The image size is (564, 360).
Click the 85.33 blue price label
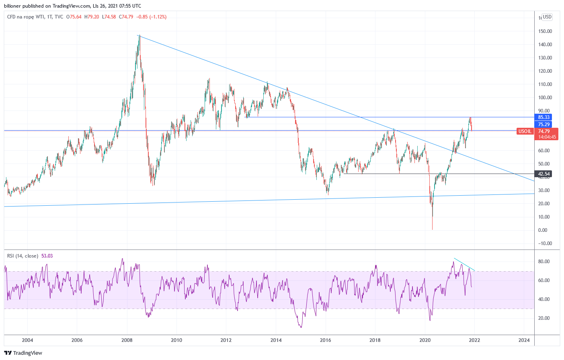pyautogui.click(x=543, y=117)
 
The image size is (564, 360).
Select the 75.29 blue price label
pyautogui.click(x=543, y=125)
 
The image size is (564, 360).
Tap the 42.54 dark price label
pyautogui.click(x=543, y=174)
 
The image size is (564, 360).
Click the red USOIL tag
pyautogui.click(x=525, y=131)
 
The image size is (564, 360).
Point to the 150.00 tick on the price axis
pyautogui.click(x=545, y=31)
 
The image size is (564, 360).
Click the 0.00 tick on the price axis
pyautogui.click(x=543, y=230)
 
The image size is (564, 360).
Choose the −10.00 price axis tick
pyautogui.click(x=545, y=243)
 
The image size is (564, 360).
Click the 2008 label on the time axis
pyautogui.click(x=127, y=340)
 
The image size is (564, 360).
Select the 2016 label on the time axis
pyautogui.click(x=325, y=340)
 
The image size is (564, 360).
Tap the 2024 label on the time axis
pyautogui.click(x=524, y=340)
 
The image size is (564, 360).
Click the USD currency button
pyautogui.click(x=547, y=17)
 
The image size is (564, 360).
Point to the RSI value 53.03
pyautogui.click(x=47, y=256)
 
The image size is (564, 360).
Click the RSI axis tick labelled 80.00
pyautogui.click(x=544, y=262)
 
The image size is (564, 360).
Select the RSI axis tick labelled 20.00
pyautogui.click(x=544, y=318)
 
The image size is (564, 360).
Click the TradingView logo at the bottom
pyautogui.click(x=23, y=353)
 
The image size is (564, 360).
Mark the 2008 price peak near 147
pyautogui.click(x=139, y=36)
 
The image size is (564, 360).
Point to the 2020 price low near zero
pyautogui.click(x=432, y=229)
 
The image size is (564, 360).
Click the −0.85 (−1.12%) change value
pyautogui.click(x=152, y=17)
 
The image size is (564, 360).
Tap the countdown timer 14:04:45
pyautogui.click(x=547, y=137)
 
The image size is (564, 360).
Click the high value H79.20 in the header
pyautogui.click(x=92, y=17)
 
